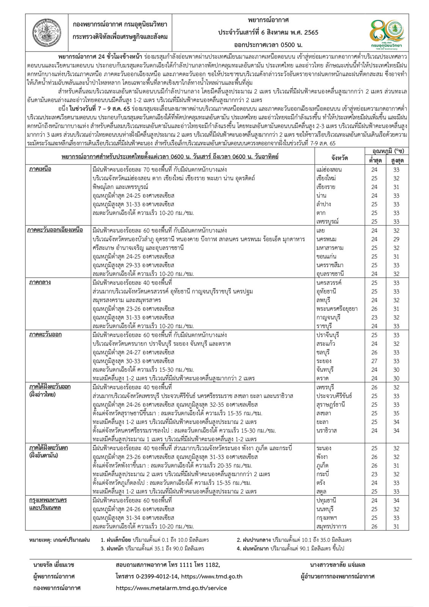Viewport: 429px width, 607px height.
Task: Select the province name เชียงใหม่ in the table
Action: pyautogui.click(x=326, y=178)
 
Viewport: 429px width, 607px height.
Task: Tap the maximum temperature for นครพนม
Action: pyautogui.click(x=396, y=239)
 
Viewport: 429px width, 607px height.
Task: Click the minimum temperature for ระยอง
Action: pyautogui.click(x=374, y=361)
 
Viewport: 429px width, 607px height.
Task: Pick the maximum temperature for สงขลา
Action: pyautogui.click(x=396, y=413)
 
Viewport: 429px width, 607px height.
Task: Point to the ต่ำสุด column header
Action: pyautogui.click(x=374, y=160)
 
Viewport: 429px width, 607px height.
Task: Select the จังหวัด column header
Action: pyautogui.click(x=339, y=158)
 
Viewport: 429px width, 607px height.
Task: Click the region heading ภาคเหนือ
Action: pyautogui.click(x=40, y=169)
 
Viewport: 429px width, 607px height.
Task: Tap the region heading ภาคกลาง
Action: pyautogui.click(x=40, y=282)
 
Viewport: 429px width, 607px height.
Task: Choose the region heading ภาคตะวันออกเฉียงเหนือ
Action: pyautogui.click(x=55, y=230)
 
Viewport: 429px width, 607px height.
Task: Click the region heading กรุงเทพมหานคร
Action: pyautogui.click(x=48, y=500)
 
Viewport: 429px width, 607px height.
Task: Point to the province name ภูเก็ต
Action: pyautogui.click(x=322, y=465)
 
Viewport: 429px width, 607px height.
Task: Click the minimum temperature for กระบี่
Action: pyautogui.click(x=374, y=474)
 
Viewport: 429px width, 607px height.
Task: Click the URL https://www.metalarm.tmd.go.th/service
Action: pyautogui.click(x=171, y=588)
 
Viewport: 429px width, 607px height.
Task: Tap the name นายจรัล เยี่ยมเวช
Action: pyautogui.click(x=54, y=565)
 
